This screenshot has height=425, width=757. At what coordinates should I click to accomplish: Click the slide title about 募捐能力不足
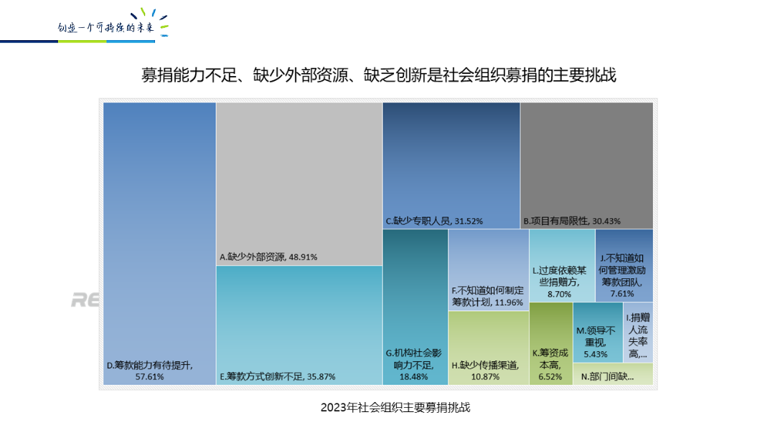click(x=378, y=75)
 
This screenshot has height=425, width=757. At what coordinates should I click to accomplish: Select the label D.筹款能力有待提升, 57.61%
click(x=150, y=371)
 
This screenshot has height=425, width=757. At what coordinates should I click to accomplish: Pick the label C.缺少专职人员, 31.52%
click(x=433, y=221)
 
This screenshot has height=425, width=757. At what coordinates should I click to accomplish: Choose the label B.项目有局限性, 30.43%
click(x=572, y=221)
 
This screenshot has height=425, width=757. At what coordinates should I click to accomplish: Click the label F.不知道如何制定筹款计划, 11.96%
click(x=488, y=296)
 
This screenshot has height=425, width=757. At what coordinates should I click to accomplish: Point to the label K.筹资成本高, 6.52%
click(x=550, y=358)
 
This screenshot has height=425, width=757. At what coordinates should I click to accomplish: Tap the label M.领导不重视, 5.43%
click(x=596, y=342)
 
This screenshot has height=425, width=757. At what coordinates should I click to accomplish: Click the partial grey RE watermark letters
click(x=85, y=300)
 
